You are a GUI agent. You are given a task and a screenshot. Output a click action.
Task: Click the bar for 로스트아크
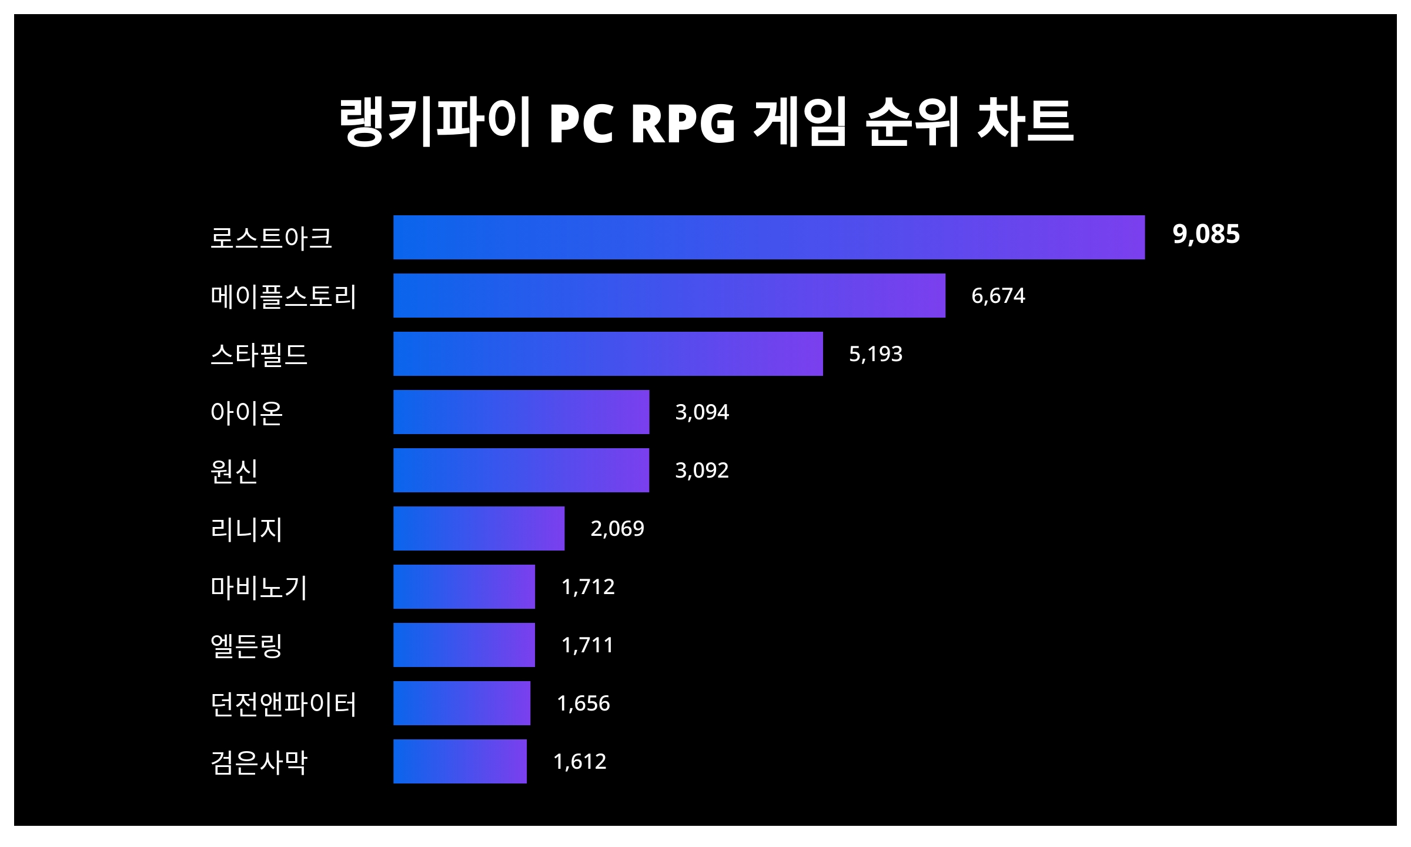point(769,237)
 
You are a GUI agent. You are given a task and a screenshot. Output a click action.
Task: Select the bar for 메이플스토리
point(669,295)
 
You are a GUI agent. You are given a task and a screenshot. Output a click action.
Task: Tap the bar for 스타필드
point(608,354)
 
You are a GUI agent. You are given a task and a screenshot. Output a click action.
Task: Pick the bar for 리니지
point(479,528)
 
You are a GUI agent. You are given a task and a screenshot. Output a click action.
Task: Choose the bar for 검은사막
point(460,761)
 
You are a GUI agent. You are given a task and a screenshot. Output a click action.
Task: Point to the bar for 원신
point(521,470)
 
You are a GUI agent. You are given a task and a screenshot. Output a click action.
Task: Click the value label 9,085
point(1206,234)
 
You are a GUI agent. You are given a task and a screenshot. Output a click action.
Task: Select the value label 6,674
point(998,295)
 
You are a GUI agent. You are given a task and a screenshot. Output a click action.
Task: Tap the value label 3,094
point(701,412)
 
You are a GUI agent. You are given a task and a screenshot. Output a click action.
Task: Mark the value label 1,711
point(587,645)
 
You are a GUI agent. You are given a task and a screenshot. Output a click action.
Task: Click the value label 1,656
point(583,703)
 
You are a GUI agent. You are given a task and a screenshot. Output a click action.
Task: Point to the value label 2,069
point(617,528)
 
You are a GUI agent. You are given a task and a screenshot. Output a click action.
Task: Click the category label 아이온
point(246,413)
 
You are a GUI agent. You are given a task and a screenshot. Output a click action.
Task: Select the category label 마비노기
point(259,588)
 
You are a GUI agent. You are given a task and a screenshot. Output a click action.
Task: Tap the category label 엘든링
point(246,645)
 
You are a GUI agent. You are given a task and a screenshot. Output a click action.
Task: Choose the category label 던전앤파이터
point(283,703)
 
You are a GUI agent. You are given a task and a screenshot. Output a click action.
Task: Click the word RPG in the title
point(683,124)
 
